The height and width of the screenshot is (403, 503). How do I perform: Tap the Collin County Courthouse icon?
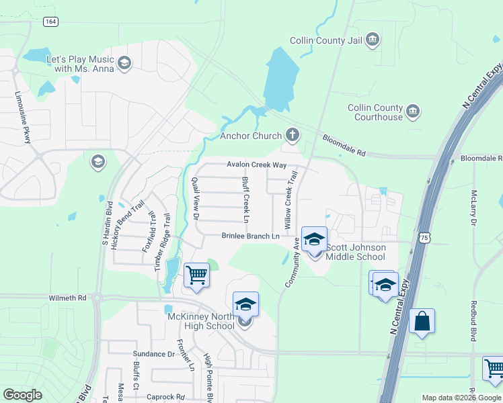click(413, 110)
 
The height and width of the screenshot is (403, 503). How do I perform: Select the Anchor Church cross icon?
click(292, 136)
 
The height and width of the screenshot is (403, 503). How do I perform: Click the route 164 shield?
click(50, 21)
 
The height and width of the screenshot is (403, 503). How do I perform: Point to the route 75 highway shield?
click(423, 238)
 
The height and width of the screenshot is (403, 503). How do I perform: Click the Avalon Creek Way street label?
click(256, 165)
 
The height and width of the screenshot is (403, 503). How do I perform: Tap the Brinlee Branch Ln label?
click(251, 236)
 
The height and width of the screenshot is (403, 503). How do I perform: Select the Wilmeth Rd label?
click(68, 298)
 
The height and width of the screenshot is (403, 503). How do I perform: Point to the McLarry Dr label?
click(473, 207)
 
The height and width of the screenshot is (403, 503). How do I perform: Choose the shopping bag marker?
click(422, 321)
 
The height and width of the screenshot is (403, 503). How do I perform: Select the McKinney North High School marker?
click(245, 306)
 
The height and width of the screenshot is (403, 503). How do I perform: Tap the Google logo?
click(22, 395)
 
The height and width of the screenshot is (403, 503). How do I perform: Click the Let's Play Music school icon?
click(124, 64)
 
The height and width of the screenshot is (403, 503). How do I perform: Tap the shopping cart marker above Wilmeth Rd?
click(196, 275)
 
